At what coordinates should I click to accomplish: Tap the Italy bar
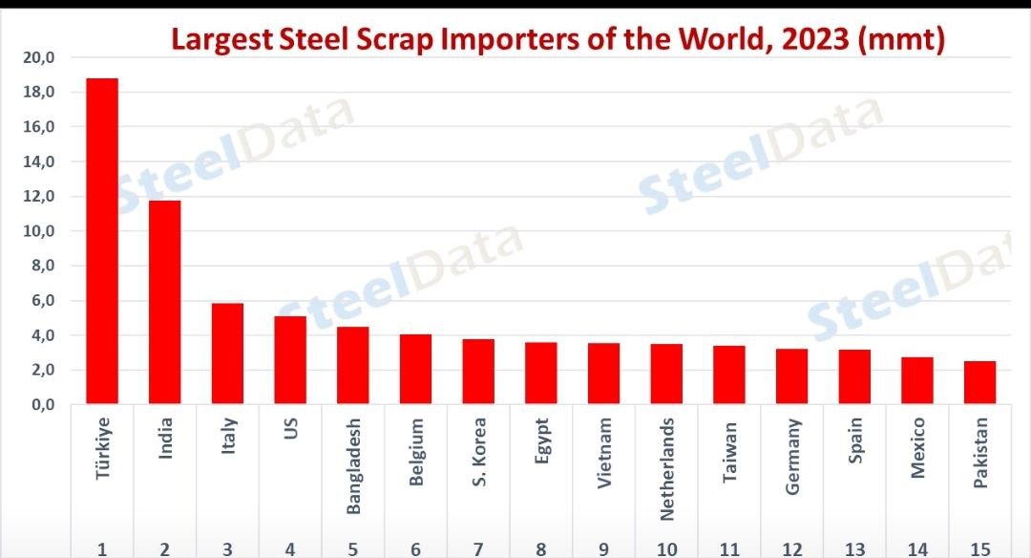(x=227, y=354)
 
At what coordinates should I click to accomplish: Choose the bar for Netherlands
(x=666, y=374)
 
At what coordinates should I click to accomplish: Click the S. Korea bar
(x=478, y=372)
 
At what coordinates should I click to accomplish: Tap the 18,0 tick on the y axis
(x=39, y=93)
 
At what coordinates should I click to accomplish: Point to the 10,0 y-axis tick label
(x=39, y=231)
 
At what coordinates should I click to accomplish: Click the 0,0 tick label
(x=39, y=404)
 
